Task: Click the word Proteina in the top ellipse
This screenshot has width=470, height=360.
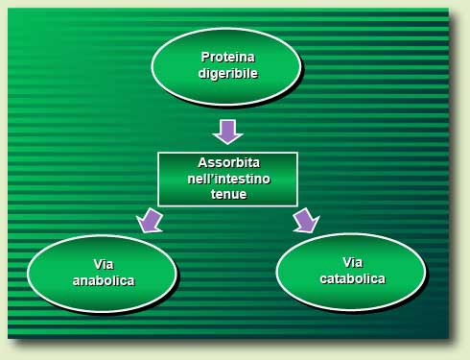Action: (x=226, y=58)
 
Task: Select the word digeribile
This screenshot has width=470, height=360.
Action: (x=226, y=73)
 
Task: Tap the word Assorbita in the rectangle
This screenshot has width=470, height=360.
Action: (x=228, y=162)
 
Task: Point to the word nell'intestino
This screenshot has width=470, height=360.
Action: (x=228, y=178)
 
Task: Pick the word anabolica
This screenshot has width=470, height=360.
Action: (x=103, y=281)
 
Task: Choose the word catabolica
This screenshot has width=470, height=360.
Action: (x=352, y=278)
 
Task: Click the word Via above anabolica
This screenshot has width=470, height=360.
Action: (x=103, y=266)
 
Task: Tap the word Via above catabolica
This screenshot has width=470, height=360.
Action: (x=352, y=262)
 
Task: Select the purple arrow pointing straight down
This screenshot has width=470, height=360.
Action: (x=227, y=131)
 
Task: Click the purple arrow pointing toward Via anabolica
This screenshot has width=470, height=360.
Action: (x=150, y=220)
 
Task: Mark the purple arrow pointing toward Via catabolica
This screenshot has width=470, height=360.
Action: (x=305, y=220)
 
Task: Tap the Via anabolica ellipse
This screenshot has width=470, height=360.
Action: (x=58, y=275)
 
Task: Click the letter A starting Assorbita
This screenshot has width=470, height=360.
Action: (x=201, y=162)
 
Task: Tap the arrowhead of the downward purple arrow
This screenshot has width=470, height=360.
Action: (x=227, y=137)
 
